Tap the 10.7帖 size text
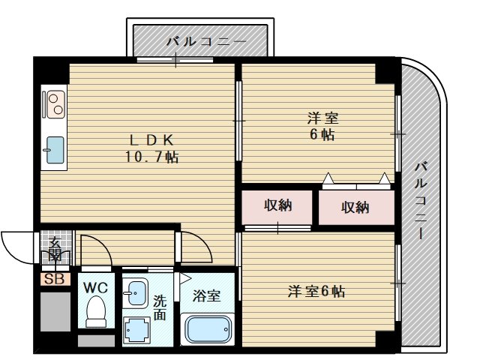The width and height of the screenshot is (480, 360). (x=151, y=157)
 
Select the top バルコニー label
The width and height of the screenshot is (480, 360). (x=201, y=41)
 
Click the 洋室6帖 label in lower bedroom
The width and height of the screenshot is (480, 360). (x=316, y=291)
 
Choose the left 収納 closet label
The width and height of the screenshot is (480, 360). (x=277, y=205)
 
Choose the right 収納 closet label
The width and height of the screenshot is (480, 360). (x=355, y=207)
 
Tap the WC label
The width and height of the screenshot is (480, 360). (x=95, y=286)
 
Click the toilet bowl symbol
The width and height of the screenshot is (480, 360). (x=96, y=311)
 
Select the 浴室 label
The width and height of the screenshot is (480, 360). (x=207, y=295)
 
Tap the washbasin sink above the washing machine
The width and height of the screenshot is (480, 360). (x=135, y=292)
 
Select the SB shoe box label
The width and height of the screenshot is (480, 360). (x=54, y=280)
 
